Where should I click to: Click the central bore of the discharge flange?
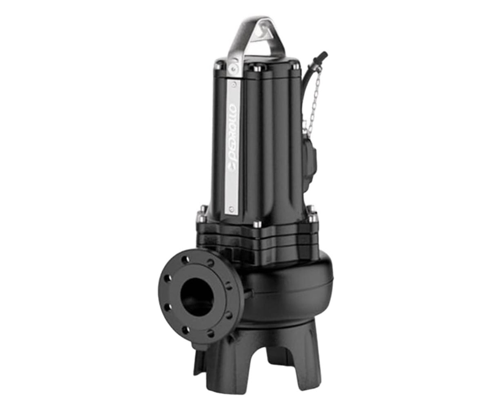(197, 297)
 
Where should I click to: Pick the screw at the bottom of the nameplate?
(232, 209)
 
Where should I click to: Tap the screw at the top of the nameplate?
(233, 85)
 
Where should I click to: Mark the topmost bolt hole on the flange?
(185, 259)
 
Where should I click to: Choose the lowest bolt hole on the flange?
(211, 333)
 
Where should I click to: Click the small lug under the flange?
(201, 346)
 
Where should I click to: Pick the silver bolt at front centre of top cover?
(258, 69)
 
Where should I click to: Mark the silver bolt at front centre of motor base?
(258, 224)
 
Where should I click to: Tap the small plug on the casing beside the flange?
(247, 293)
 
